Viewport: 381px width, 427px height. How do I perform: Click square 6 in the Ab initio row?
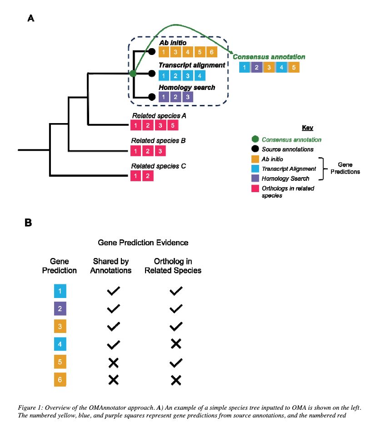point(211,52)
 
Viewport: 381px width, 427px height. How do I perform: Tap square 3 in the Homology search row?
point(187,97)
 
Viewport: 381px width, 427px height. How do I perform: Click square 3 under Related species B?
point(160,150)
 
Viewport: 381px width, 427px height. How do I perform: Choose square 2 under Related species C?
point(148,175)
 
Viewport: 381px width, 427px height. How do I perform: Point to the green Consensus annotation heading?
point(269,57)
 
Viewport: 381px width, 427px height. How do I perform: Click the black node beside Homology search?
point(152,96)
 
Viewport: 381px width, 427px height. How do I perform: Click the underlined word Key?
point(307,128)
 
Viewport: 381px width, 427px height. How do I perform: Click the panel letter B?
point(28,223)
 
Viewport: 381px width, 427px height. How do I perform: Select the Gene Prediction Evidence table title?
point(143,243)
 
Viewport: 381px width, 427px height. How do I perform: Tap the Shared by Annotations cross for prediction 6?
point(113,380)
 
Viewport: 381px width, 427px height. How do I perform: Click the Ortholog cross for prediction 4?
point(176,344)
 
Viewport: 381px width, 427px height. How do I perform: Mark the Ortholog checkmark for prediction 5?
point(176,362)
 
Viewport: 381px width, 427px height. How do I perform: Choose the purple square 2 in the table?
point(60,309)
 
